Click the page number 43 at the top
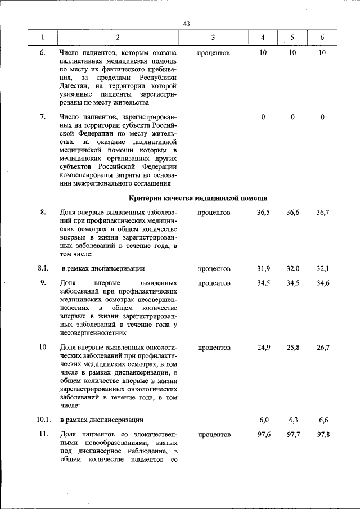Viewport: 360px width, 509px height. (187, 24)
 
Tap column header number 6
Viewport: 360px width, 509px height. (322, 38)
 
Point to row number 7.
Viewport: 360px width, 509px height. (43, 117)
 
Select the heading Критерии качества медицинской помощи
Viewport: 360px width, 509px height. (197, 198)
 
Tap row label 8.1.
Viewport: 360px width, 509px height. (44, 268)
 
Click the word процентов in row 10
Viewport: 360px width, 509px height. (214, 348)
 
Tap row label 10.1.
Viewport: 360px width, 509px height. (44, 420)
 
